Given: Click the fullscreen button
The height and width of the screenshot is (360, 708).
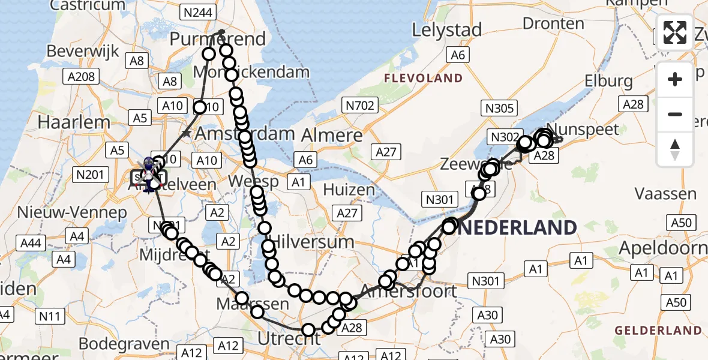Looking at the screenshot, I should [675, 32].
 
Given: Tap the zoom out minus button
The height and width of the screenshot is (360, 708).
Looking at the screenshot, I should [675, 114].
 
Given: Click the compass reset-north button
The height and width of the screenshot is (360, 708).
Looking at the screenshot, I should [675, 149].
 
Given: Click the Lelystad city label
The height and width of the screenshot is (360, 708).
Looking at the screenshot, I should [447, 29].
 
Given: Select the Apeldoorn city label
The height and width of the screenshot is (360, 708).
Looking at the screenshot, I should [671, 247].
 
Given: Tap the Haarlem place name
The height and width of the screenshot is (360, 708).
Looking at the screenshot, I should [73, 122].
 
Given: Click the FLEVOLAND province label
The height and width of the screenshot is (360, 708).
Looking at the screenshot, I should [424, 78].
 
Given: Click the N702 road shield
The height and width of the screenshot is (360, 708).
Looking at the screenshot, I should [359, 106].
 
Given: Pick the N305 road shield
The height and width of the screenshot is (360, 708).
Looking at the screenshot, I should [499, 108].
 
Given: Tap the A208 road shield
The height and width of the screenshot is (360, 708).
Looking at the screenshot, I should [81, 76].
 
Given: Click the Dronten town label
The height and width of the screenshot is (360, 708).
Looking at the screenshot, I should [553, 23].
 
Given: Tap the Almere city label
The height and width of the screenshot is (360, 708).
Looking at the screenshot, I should [333, 134].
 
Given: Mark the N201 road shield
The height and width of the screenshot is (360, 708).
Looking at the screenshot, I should [90, 175].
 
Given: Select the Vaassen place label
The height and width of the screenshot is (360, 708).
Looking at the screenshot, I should [666, 194].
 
